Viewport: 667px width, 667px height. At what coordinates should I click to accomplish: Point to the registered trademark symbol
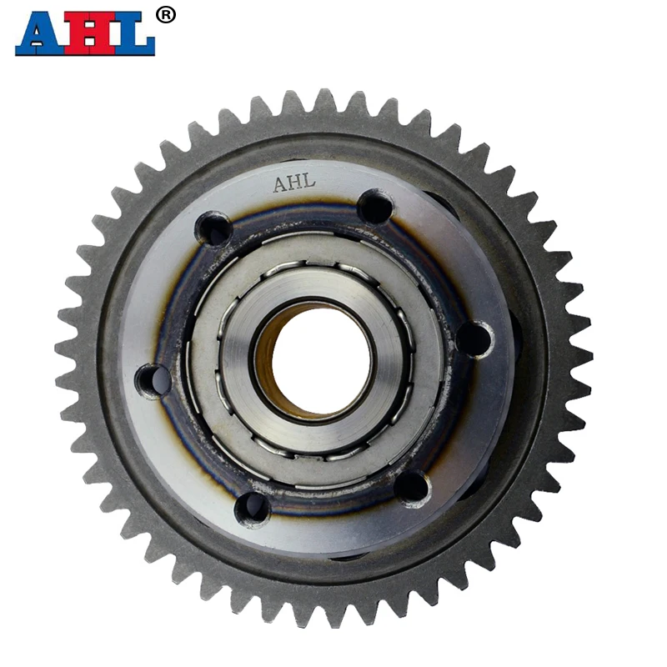pyautogui.click(x=167, y=14)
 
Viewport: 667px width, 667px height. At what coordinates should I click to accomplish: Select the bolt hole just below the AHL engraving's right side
pyautogui.click(x=374, y=205)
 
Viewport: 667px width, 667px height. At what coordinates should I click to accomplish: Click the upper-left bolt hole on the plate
pyautogui.click(x=214, y=228)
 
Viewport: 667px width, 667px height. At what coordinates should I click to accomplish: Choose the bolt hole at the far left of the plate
pyautogui.click(x=152, y=380)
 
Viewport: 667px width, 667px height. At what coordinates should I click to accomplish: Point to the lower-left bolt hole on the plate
pyautogui.click(x=251, y=506)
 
